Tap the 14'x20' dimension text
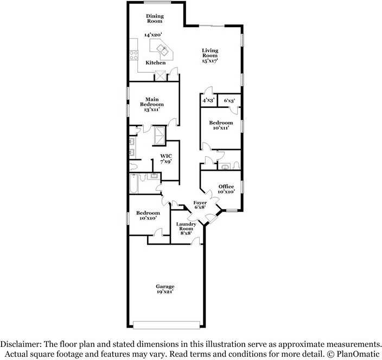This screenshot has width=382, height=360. (154, 35)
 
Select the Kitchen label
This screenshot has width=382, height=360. (155, 63)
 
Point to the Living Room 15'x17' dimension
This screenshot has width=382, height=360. (209, 61)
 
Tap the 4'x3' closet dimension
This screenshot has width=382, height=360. (208, 100)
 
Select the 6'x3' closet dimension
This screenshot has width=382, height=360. (229, 100)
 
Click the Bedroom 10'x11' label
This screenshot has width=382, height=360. (221, 125)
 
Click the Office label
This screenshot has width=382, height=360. (226, 189)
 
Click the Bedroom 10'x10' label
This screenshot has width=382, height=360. (148, 215)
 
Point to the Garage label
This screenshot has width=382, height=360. (165, 289)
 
